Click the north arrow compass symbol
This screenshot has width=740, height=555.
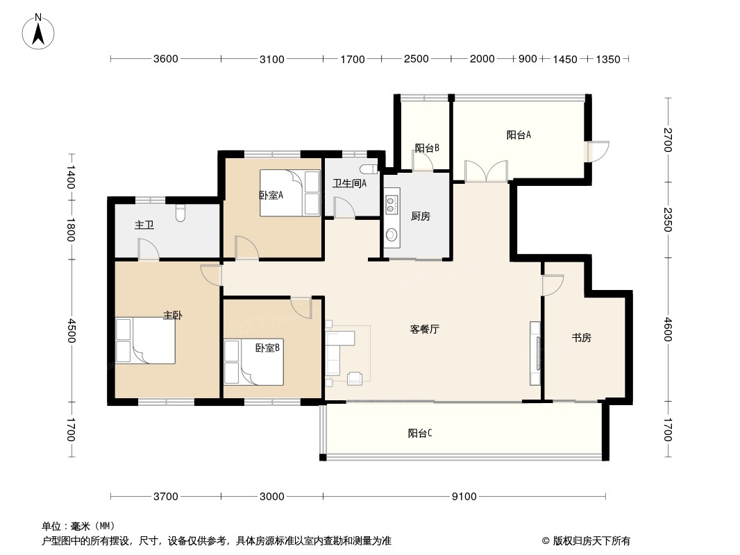pos(38,32)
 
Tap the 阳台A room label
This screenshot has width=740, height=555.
pos(519,135)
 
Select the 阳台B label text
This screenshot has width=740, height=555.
pos(427,148)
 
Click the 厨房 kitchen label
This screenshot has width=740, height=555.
pos(420,216)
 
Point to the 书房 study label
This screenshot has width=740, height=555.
pos(582,338)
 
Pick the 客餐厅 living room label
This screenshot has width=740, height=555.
pos(425,329)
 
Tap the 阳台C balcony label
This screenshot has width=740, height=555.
pos(420,433)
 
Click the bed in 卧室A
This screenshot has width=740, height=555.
pos(289,193)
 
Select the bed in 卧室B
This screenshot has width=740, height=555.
pos(254,361)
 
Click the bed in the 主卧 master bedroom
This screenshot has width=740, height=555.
pos(145,341)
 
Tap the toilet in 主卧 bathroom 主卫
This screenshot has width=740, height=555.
pos(180,213)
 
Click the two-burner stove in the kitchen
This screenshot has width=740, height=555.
pos(392,204)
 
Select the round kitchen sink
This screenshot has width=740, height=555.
pos(392,234)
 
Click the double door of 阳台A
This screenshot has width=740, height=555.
pos(486,171)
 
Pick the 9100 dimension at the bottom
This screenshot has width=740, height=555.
pos(464,496)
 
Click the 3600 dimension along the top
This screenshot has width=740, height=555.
pos(166,59)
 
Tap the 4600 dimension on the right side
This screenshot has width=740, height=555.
pos(667,329)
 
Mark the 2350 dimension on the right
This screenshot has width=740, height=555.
pos(667,220)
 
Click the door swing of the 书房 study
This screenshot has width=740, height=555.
pos(553,285)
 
